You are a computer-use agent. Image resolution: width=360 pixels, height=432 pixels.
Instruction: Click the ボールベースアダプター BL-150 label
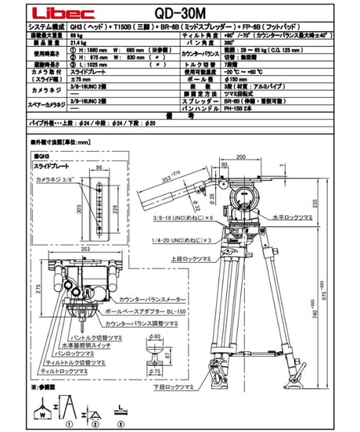(x=142, y=311)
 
